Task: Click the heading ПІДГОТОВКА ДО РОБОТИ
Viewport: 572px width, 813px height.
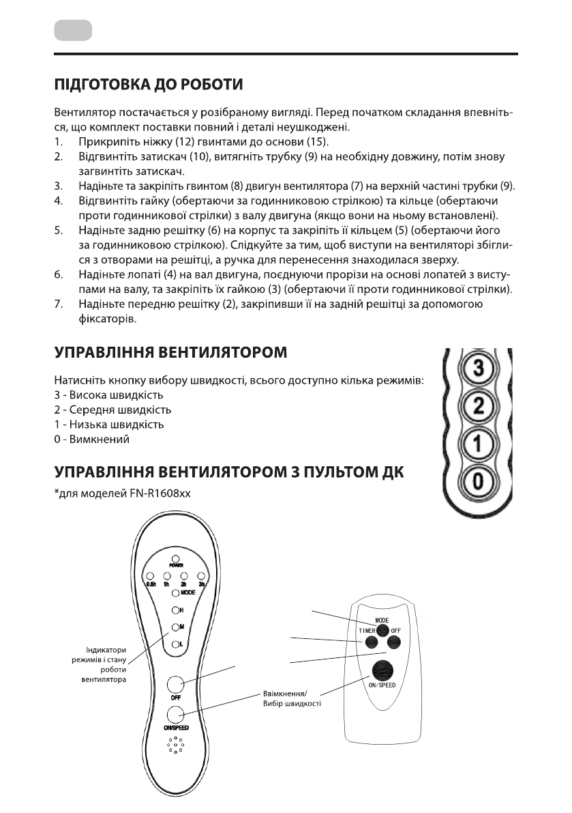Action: point(148,86)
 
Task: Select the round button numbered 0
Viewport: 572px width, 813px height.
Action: point(478,483)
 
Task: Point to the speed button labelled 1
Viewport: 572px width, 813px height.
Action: point(478,445)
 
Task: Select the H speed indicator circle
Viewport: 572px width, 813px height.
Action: point(175,610)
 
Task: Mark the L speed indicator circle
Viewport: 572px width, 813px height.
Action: point(175,644)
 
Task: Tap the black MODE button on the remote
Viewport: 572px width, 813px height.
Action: point(382,630)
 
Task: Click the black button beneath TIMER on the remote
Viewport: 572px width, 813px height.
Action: point(370,642)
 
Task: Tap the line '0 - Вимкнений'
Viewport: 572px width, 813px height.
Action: point(91,440)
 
